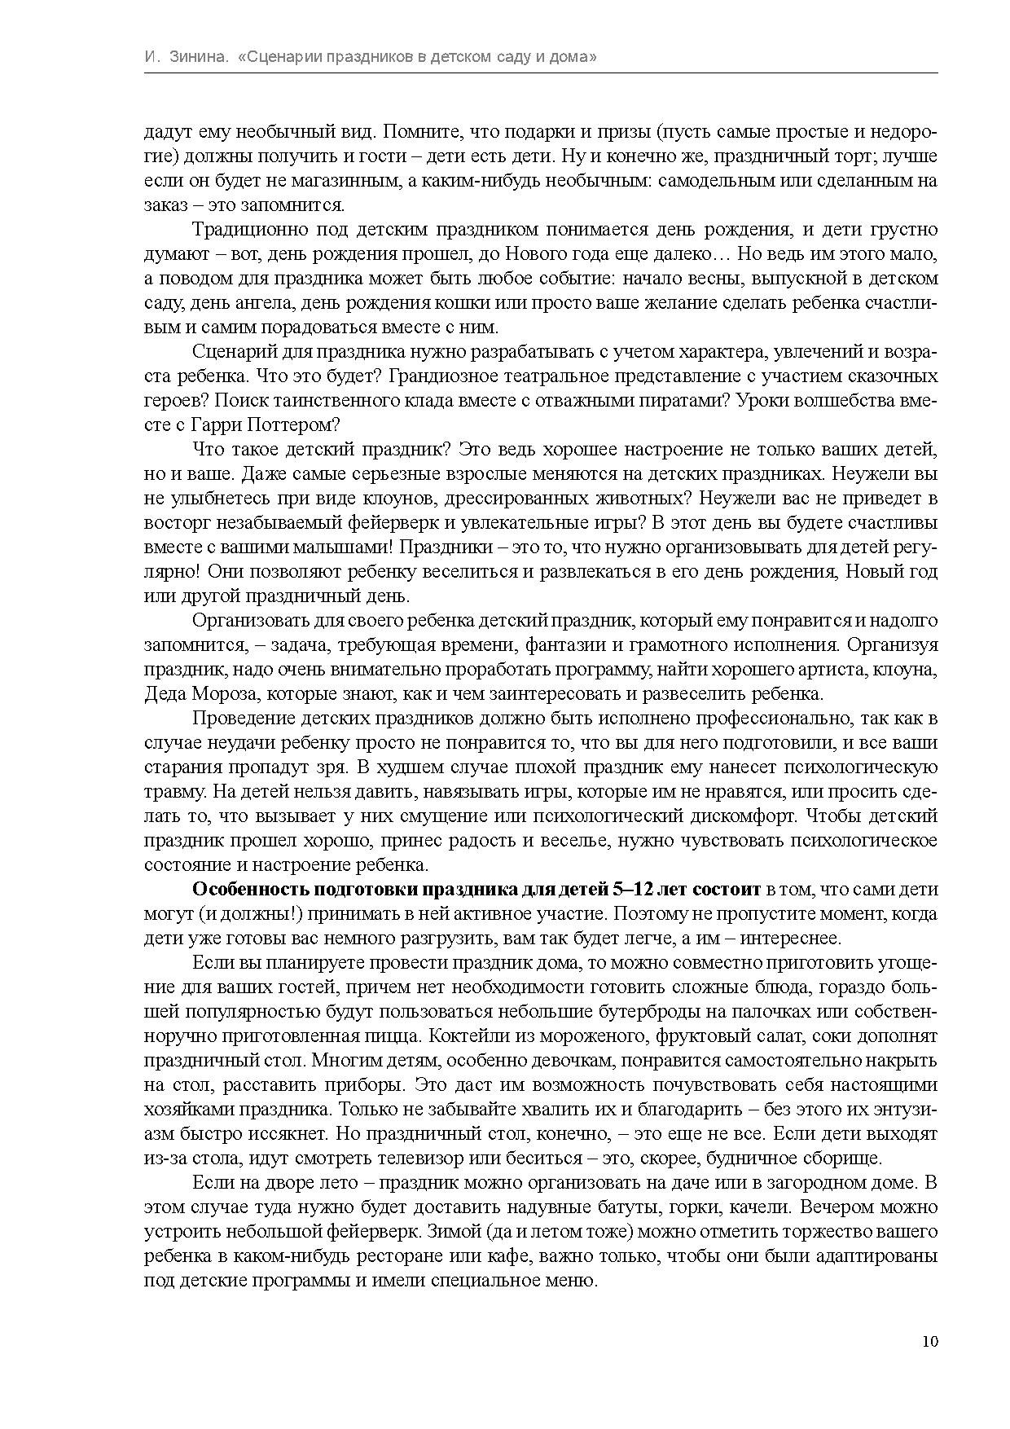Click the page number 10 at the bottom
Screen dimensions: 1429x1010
[x=930, y=1342]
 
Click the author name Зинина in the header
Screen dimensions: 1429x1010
[x=199, y=58]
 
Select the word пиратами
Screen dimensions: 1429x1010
[x=683, y=401]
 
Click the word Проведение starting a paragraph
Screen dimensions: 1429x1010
[x=244, y=719]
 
